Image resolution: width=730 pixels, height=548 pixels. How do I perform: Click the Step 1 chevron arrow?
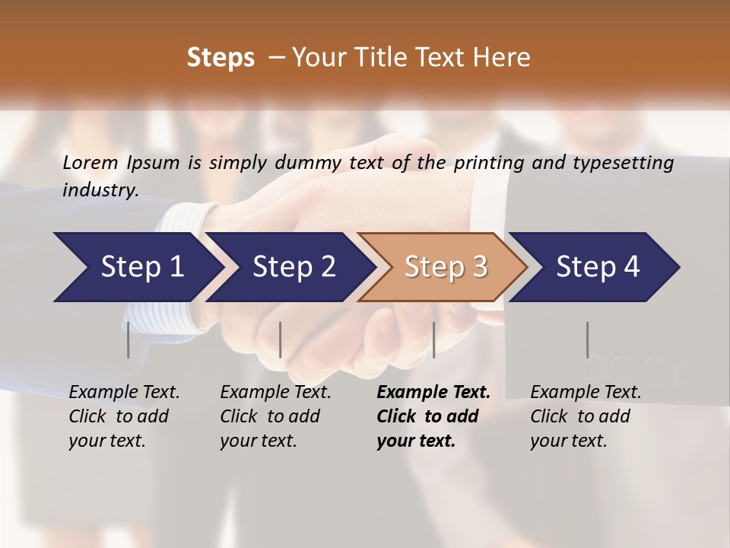(x=141, y=267)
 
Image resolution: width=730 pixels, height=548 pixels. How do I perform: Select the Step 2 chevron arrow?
(x=293, y=267)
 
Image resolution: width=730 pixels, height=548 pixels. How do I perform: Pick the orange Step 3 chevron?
(x=445, y=267)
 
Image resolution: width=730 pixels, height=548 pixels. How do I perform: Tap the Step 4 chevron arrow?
(x=597, y=267)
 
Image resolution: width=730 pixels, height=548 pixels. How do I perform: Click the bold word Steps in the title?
(x=221, y=58)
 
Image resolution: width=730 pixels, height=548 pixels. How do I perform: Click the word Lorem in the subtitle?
(x=90, y=162)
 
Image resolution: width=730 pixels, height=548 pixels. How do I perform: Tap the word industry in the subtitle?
(x=100, y=190)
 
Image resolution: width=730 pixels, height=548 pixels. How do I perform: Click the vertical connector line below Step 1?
(x=129, y=339)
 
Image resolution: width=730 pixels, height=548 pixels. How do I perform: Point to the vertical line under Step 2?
(x=281, y=339)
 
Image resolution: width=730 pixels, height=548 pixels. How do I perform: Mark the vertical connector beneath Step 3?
(x=434, y=339)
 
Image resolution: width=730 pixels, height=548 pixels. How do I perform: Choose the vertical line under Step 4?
(x=588, y=339)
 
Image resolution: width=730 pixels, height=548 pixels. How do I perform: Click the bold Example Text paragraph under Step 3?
(x=433, y=416)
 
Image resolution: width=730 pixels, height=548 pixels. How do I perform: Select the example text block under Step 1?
(x=124, y=416)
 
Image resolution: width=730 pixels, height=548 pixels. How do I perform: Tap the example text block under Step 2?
(x=275, y=416)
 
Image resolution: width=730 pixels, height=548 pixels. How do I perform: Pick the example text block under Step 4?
(x=586, y=416)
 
